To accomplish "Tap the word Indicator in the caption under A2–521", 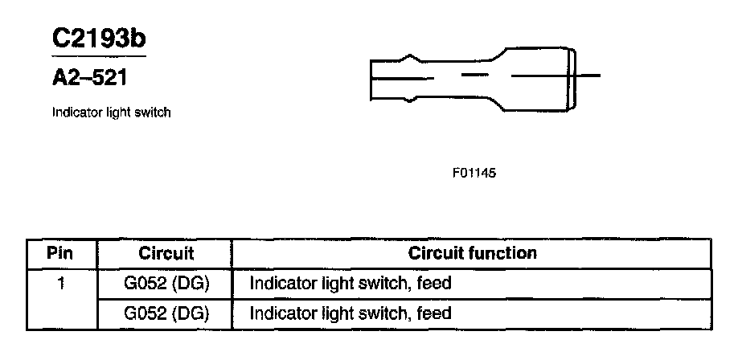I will click(75, 112).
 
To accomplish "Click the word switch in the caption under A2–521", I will click(154, 112).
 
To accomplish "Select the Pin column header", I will click(60, 253).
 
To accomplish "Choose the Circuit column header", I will click(166, 253).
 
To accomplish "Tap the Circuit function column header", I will click(472, 253).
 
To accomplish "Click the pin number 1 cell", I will click(60, 283).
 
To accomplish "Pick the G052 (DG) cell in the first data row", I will click(166, 283).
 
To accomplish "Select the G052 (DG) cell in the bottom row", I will click(166, 313).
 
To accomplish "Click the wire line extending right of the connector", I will click(588, 76).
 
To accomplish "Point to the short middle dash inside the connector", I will click(475, 75).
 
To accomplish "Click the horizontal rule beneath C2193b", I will click(98, 56).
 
